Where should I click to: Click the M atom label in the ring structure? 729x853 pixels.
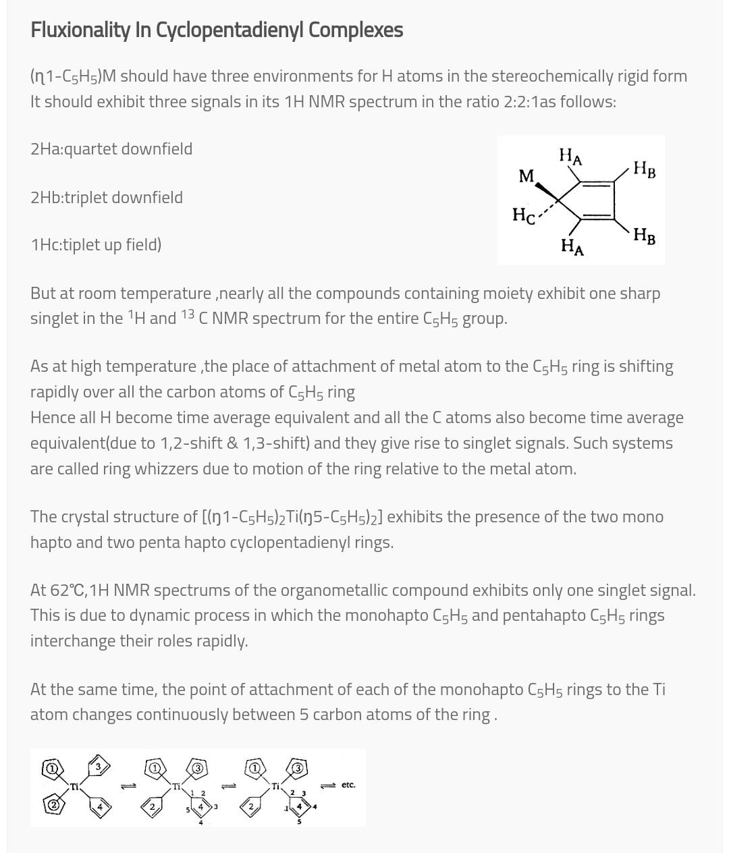point(526,177)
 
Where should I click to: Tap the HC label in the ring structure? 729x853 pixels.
point(523,216)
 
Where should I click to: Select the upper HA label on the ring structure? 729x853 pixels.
point(570,157)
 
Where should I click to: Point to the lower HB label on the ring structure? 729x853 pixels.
point(644,236)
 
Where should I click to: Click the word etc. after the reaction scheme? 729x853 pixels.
point(348,785)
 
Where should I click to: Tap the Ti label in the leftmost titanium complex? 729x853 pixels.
point(75,787)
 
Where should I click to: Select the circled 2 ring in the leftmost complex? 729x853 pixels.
point(52,804)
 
